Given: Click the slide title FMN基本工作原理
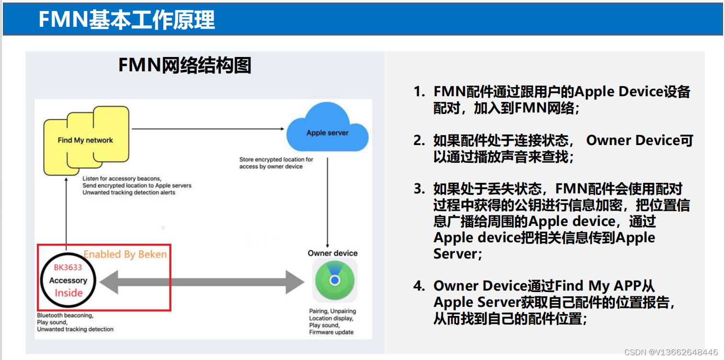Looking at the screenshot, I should coord(126,20).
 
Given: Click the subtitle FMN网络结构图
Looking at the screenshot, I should coord(184,65).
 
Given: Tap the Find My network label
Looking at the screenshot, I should coord(85,140).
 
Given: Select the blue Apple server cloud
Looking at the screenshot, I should coord(328,131).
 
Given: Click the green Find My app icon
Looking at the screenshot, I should coord(335,280).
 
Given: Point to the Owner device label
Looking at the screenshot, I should coord(332,253).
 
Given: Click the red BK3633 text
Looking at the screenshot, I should coord(68,268).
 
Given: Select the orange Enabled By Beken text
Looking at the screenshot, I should coord(125,254).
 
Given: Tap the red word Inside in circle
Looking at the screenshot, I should coord(68,293).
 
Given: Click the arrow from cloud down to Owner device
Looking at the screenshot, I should coord(327,201).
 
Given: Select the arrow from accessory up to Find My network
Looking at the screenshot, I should coord(66,211).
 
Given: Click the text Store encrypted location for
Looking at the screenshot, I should coord(276,159).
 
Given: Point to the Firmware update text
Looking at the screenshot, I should coord(331,332).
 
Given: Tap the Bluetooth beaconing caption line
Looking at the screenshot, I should coord(65,315).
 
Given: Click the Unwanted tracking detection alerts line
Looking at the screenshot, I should coord(129,192).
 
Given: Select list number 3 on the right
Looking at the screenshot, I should coord(419,189).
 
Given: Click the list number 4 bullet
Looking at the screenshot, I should coord(419,286).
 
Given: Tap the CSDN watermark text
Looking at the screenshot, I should coord(671,352).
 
